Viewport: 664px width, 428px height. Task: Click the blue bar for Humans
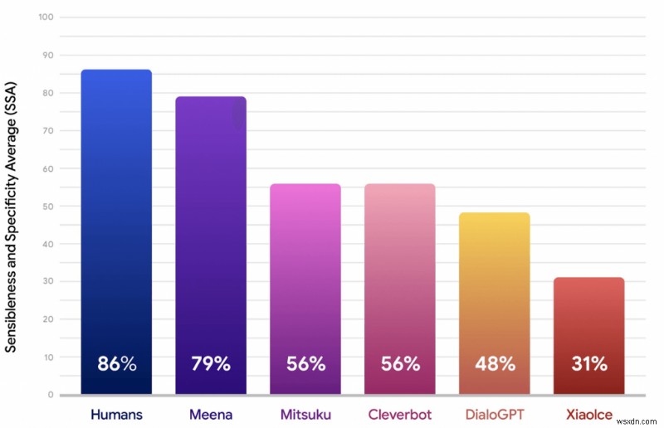point(116,207)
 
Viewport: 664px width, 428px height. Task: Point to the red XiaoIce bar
point(589,315)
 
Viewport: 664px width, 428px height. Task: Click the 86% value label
point(116,363)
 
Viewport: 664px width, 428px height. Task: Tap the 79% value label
point(211,363)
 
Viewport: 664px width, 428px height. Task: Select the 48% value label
point(495,363)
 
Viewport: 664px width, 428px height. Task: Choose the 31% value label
point(589,363)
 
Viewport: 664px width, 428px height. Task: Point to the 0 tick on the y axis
point(50,395)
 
